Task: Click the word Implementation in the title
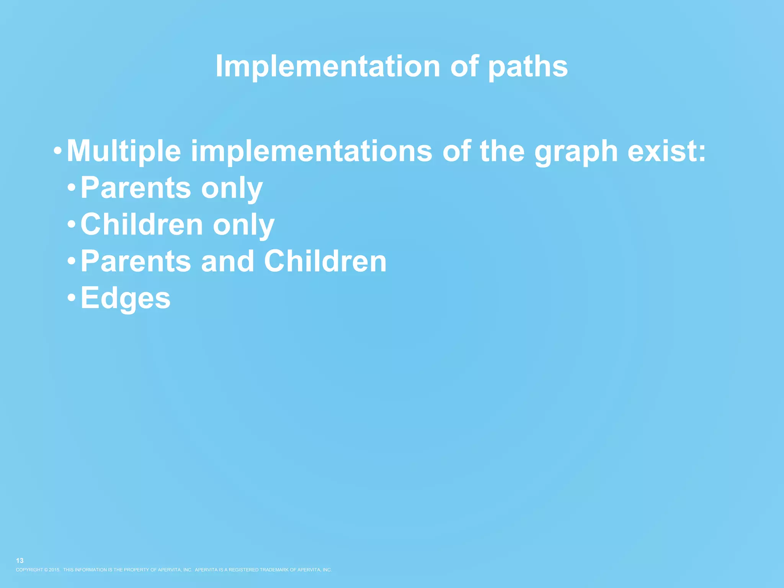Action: coord(328,66)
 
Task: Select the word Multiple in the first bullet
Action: coord(124,152)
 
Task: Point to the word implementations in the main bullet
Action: coord(312,152)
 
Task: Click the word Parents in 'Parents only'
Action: coord(136,188)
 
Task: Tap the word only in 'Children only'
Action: coord(243,225)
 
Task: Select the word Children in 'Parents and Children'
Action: coord(325,261)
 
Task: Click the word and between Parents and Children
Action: coord(227,261)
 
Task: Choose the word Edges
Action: coord(126,299)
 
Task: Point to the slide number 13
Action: coord(20,560)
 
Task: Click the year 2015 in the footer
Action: coord(54,570)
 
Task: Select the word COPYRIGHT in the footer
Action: coord(29,570)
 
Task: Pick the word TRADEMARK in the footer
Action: coord(276,570)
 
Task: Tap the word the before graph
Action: coord(502,152)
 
